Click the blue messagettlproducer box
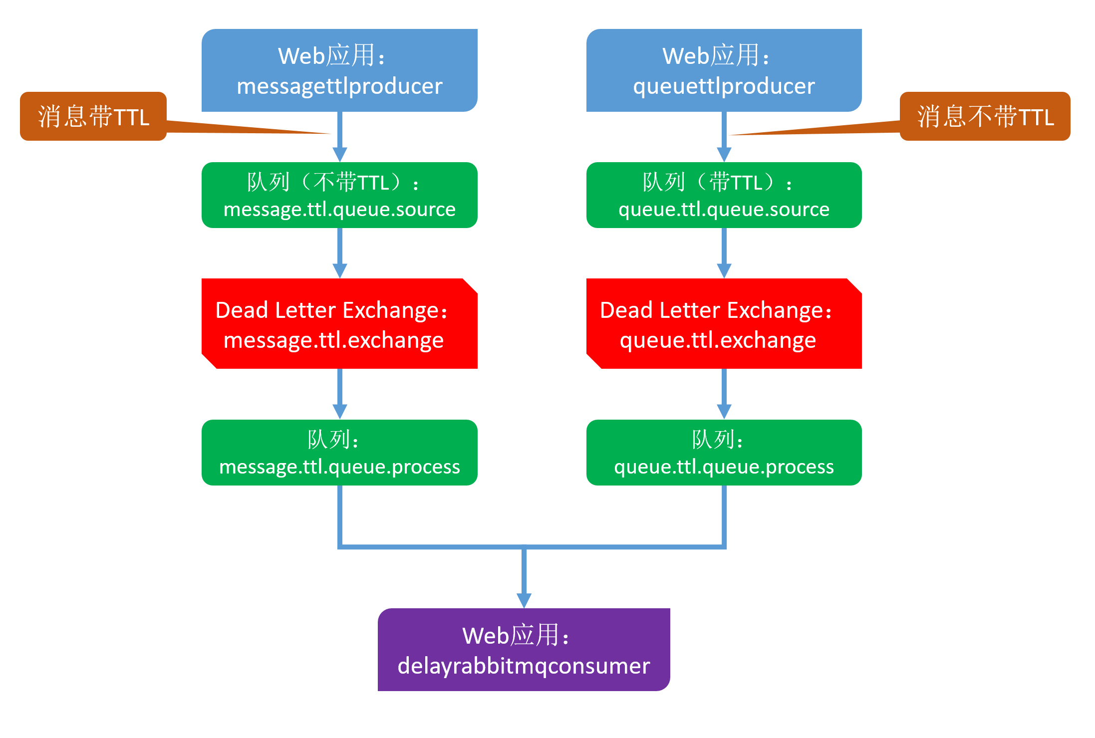[339, 70]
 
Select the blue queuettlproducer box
[724, 70]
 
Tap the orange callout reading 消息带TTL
[93, 116]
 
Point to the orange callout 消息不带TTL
[985, 116]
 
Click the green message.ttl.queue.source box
[339, 195]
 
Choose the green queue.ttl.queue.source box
[724, 195]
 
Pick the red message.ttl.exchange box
[339, 323]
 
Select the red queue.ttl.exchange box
[724, 323]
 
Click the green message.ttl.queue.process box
[339, 453]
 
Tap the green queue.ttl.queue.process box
[724, 453]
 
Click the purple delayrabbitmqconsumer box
[524, 650]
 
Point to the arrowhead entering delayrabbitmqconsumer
[524, 600]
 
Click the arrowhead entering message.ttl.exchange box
[340, 270]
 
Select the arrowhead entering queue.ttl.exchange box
[724, 270]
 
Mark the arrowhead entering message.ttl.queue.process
[340, 412]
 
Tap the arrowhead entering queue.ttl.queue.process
[724, 412]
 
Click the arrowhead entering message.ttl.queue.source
[340, 154]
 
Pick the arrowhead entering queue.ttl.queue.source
[724, 154]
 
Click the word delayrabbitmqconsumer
[524, 666]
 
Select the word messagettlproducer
[339, 86]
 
